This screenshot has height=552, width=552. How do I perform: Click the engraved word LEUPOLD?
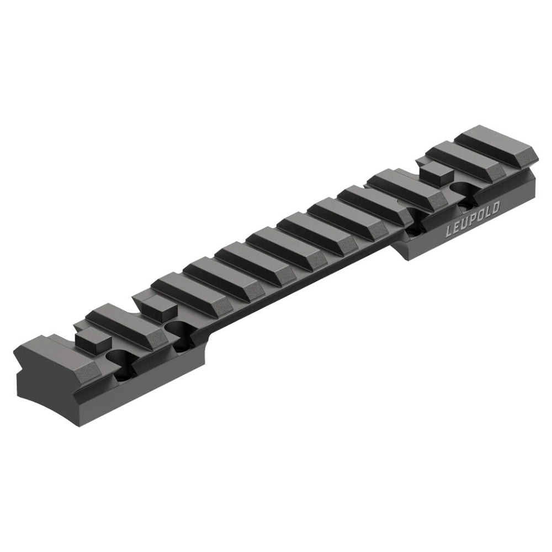point(473,219)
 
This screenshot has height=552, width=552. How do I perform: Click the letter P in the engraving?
point(473,219)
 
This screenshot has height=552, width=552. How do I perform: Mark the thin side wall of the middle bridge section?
point(304,282)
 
